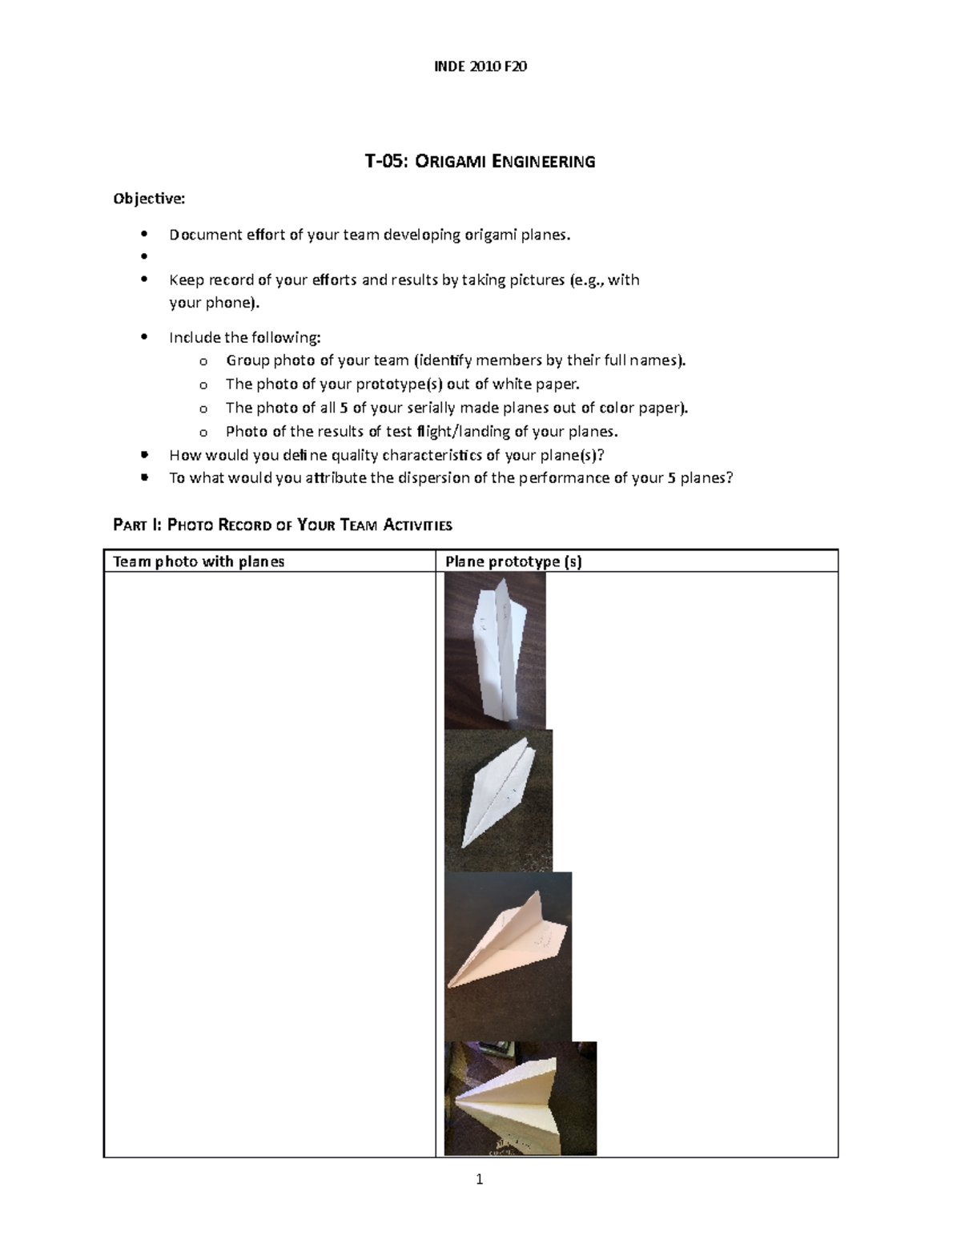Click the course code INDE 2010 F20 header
coord(480,66)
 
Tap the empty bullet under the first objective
coord(145,257)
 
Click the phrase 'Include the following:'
coord(244,337)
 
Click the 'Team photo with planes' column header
coord(199,562)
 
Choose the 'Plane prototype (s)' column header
coord(513,562)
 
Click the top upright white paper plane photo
coord(495,650)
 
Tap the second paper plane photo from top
coord(498,800)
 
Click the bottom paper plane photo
coord(520,1098)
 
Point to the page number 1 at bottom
coord(480,1179)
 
